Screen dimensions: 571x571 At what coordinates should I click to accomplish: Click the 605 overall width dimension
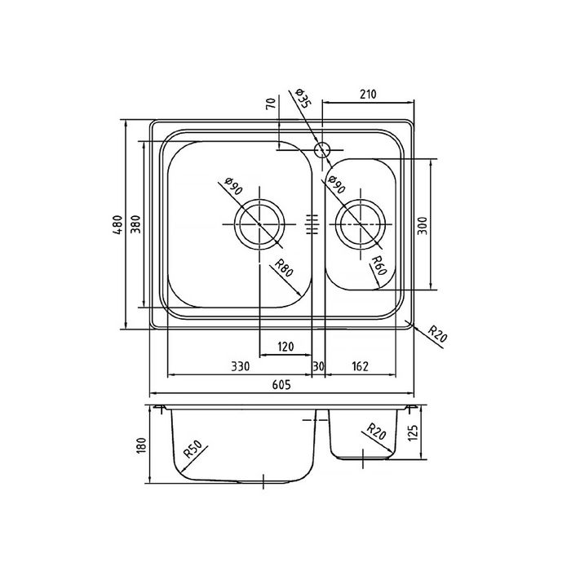(281, 384)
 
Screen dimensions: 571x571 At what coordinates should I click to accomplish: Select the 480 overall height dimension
(118, 224)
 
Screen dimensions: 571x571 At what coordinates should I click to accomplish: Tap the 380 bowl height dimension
(135, 224)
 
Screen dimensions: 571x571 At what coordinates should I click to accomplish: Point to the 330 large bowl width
(241, 366)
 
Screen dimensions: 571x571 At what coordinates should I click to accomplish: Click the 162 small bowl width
(361, 366)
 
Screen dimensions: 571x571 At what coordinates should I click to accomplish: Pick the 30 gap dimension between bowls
(318, 366)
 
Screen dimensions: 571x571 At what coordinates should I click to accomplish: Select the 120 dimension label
(285, 347)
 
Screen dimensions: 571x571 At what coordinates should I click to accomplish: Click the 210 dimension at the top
(368, 95)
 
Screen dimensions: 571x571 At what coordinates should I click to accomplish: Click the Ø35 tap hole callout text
(303, 98)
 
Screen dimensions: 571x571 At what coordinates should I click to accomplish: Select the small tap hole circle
(322, 149)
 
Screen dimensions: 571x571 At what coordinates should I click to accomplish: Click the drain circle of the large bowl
(259, 224)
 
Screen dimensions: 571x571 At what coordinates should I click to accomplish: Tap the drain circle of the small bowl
(360, 224)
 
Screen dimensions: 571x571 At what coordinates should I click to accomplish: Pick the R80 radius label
(283, 268)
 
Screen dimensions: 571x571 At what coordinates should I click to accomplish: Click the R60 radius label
(378, 265)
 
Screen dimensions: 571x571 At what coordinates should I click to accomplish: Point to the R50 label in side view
(193, 449)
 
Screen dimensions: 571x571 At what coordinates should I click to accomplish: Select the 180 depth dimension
(141, 445)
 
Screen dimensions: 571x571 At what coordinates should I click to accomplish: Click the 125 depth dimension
(414, 432)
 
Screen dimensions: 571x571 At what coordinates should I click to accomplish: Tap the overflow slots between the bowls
(312, 224)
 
